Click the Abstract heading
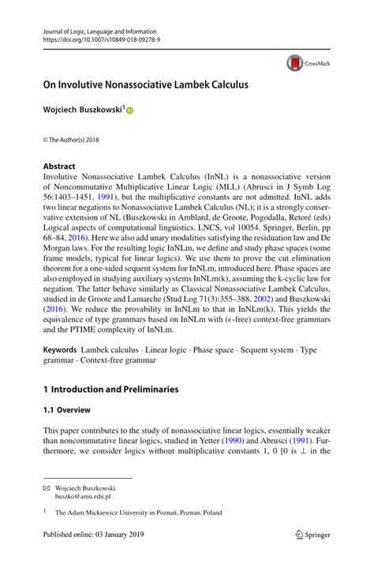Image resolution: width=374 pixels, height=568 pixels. point(59,167)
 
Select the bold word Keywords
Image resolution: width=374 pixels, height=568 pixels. point(60,348)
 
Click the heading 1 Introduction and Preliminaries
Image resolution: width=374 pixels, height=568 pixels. point(110,389)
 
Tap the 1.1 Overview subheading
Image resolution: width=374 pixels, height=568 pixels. point(67,410)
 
